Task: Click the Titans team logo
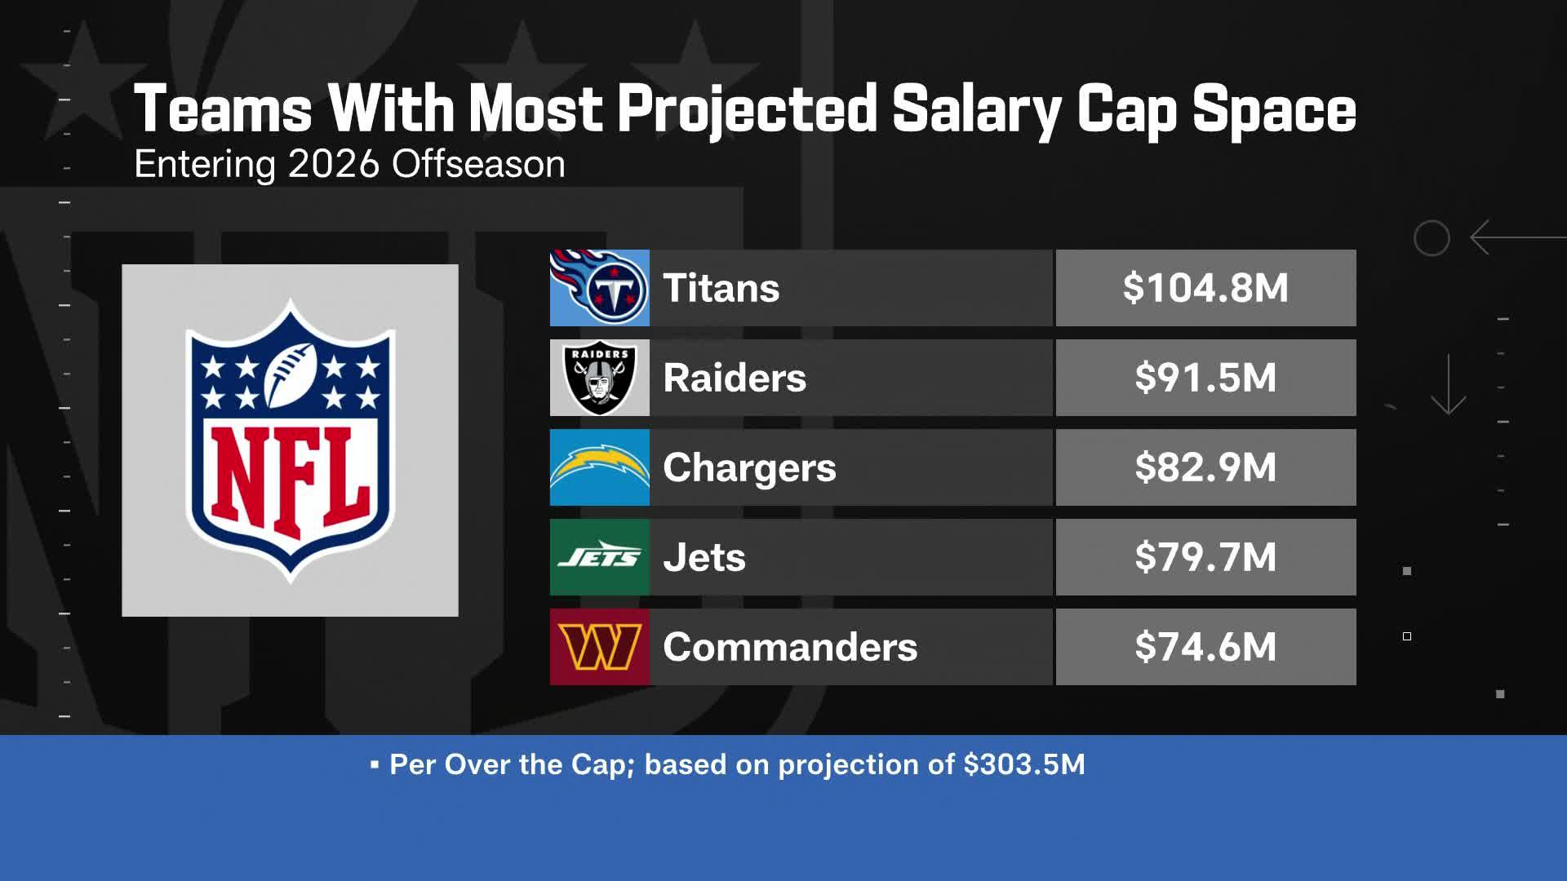tap(600, 288)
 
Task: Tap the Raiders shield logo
tap(600, 378)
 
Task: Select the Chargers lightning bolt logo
tap(600, 467)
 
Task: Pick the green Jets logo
tap(600, 557)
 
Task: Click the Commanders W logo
tap(600, 647)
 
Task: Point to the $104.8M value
tap(1205, 288)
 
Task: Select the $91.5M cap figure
tap(1205, 378)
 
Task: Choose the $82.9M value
tap(1205, 467)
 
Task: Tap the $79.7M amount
tap(1205, 557)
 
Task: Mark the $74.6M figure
tap(1205, 647)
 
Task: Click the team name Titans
tap(721, 288)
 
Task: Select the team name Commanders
tap(790, 647)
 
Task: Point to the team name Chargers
tap(749, 468)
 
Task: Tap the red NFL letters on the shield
tap(290, 481)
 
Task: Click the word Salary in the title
tap(976, 109)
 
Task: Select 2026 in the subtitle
tap(334, 164)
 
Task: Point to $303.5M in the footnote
tap(1024, 764)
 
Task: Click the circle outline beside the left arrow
tap(1432, 238)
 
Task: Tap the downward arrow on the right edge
tap(1449, 385)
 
